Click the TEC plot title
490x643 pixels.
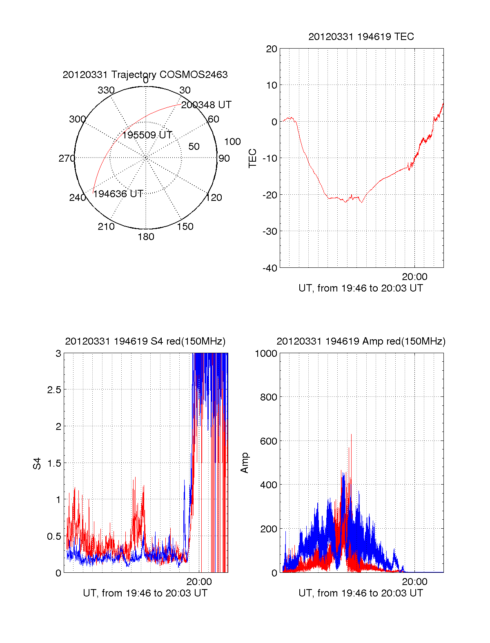click(361, 37)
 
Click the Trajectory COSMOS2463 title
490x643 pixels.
click(145, 75)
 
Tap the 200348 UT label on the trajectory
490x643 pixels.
click(206, 105)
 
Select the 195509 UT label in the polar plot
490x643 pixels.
click(147, 135)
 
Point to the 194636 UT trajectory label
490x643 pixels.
click(118, 194)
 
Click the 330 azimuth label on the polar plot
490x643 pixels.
click(106, 90)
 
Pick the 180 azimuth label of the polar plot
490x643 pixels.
click(146, 237)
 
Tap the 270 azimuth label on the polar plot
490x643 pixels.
click(67, 158)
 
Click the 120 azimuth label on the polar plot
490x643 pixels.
click(214, 198)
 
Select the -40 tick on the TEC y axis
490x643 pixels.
click(270, 268)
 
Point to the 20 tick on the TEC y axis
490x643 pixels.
click(272, 49)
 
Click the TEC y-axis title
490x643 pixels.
click(253, 158)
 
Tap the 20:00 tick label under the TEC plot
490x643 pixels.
click(414, 277)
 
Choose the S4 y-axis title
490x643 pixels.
click(37, 463)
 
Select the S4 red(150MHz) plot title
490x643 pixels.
click(145, 341)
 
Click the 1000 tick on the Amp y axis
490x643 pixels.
click(266, 354)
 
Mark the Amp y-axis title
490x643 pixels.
click(245, 463)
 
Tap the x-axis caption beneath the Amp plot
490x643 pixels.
click(361, 593)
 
